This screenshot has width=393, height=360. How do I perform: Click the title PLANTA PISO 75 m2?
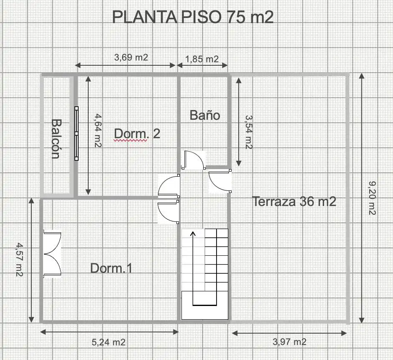192,17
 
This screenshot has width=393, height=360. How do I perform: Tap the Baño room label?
205,115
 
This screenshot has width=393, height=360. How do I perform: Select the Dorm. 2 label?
137,134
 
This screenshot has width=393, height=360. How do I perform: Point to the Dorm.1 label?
111,268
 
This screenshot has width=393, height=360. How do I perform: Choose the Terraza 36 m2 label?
294,201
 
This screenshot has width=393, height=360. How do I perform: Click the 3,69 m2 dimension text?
131,57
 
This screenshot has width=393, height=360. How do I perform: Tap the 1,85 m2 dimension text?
202,59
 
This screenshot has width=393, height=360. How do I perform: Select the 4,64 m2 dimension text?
98,131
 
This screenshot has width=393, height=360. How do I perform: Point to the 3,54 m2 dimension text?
249,132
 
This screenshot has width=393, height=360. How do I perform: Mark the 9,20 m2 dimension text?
372,198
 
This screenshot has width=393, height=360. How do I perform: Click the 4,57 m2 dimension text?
19,259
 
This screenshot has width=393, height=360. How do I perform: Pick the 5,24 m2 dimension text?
109,342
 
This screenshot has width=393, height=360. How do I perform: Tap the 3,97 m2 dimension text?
289,342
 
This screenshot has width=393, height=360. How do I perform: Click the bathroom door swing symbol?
194,160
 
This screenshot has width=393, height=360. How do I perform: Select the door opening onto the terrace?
220,181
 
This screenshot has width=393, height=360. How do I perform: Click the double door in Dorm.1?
52,254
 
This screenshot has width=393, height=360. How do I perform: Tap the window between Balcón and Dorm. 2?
77,133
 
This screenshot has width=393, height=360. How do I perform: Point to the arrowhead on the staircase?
193,234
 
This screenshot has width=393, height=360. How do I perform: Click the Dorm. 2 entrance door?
168,185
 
